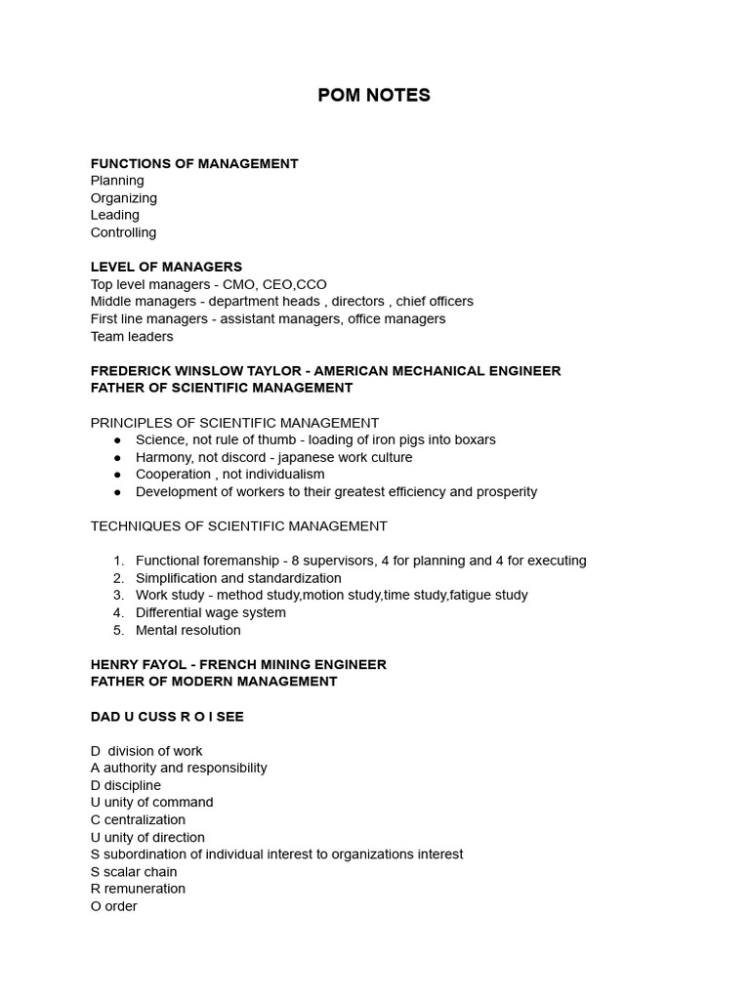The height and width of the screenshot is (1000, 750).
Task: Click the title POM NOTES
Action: (374, 95)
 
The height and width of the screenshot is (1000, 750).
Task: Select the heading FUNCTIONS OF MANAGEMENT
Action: (194, 163)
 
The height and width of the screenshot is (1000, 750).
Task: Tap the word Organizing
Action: (124, 198)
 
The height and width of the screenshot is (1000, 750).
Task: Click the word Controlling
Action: (123, 232)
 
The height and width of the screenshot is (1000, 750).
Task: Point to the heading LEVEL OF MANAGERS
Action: (166, 267)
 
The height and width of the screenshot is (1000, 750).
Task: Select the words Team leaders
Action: (132, 336)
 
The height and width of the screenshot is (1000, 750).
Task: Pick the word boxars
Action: (473, 439)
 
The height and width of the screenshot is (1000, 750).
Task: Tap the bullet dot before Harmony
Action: (118, 457)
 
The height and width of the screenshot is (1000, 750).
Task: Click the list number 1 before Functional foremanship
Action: (118, 561)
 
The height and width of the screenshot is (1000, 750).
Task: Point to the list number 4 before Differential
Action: (118, 612)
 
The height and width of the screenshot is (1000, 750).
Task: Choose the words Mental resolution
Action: (188, 630)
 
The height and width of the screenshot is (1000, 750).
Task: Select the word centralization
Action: (145, 819)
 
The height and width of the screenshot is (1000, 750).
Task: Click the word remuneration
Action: (145, 889)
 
